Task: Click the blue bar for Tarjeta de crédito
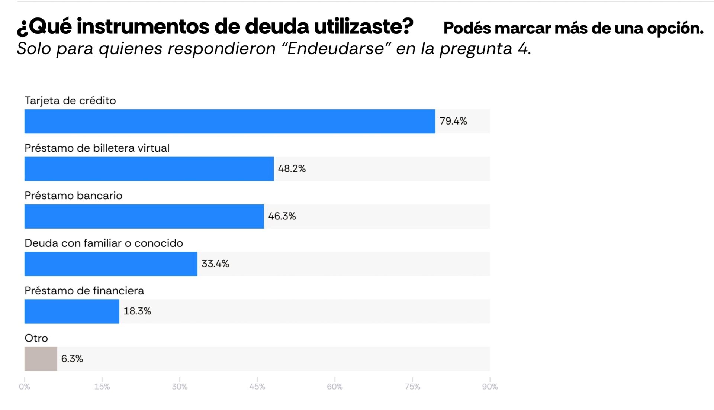point(229,121)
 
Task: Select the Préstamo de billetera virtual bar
point(149,169)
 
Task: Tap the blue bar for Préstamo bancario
point(144,216)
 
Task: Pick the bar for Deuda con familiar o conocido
point(111,264)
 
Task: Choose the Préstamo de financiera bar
point(72,311)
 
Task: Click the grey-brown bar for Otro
point(41,359)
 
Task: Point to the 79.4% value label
point(453,121)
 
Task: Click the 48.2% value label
point(292,169)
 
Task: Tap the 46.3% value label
point(282,216)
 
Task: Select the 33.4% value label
point(215,264)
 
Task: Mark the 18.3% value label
point(137,311)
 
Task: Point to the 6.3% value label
point(72,359)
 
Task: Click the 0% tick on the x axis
point(25,387)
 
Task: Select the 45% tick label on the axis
point(257,387)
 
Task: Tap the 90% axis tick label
point(490,387)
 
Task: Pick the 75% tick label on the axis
point(412,387)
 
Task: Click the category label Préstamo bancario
point(73,196)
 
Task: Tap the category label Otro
point(36,338)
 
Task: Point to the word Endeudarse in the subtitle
point(336,49)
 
